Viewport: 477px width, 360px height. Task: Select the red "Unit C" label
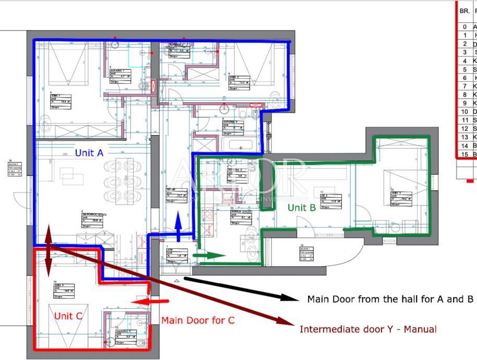click(x=68, y=316)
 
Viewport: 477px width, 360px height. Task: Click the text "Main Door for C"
click(x=197, y=320)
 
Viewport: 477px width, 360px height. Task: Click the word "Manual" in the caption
click(x=420, y=329)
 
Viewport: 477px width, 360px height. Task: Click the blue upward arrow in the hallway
click(x=177, y=227)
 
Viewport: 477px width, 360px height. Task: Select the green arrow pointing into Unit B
click(x=209, y=255)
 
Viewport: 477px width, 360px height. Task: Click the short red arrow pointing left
click(x=150, y=301)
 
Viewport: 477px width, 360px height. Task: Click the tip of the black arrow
click(x=296, y=298)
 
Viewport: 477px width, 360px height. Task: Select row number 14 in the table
click(x=464, y=146)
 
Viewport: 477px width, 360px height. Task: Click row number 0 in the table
click(x=464, y=27)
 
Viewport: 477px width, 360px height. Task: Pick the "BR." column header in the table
click(x=464, y=10)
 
